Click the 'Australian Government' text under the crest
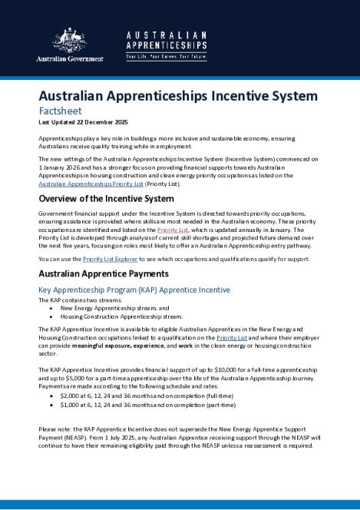click(70, 59)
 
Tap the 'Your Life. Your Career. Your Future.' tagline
click(167, 57)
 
